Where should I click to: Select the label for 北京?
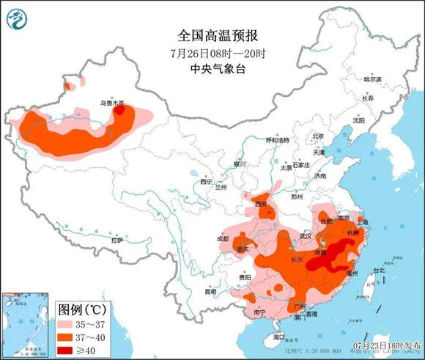click(318, 136)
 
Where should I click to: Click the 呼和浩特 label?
click(278, 139)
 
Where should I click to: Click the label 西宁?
click(206, 180)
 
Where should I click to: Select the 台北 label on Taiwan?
click(379, 270)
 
